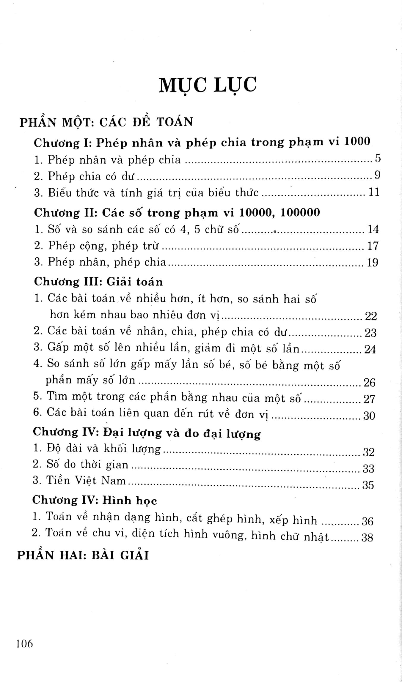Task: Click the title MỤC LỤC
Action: click(x=208, y=85)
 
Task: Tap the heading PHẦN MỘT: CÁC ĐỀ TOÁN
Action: click(x=106, y=122)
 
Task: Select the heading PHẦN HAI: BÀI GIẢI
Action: click(x=83, y=555)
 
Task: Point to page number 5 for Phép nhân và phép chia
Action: click(x=377, y=159)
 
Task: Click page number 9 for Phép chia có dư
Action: click(x=377, y=175)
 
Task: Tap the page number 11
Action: click(x=374, y=192)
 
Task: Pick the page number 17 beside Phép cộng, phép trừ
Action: click(x=373, y=246)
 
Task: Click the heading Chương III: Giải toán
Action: click(x=98, y=282)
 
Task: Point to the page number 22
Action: click(x=370, y=316)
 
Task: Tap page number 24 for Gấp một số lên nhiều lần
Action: click(x=370, y=349)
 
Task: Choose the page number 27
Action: click(x=369, y=399)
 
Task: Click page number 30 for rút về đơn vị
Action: click(x=369, y=416)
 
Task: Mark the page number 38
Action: click(x=367, y=537)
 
